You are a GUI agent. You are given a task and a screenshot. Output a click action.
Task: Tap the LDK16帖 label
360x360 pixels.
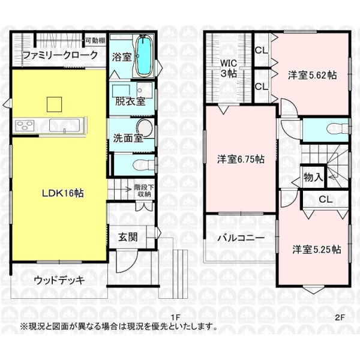tap(62, 193)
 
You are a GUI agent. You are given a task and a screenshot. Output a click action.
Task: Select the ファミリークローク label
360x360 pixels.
tap(61, 55)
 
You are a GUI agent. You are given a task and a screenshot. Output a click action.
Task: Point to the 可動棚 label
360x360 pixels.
tap(95, 41)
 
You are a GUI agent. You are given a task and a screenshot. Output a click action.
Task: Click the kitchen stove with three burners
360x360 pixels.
tap(25, 126)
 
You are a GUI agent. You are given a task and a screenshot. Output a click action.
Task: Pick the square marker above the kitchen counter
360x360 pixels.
tap(55, 104)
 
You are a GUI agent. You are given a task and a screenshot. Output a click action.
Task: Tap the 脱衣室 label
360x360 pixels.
tap(130, 101)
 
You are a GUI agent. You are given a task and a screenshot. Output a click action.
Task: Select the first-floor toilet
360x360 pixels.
tap(144, 164)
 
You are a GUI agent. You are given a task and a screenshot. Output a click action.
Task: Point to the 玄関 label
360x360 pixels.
tap(128, 237)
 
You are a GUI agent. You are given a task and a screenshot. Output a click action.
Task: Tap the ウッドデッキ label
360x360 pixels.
tap(59, 280)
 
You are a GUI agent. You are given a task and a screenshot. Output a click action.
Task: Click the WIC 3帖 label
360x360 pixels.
tap(229, 68)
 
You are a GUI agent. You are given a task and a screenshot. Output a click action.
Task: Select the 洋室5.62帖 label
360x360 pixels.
tap(313, 75)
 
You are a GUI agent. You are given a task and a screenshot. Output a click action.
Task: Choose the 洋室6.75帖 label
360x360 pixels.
tap(241, 159)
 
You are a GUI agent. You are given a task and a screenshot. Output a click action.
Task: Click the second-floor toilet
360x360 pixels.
tap(337, 128)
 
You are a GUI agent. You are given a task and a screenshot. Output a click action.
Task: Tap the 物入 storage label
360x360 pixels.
tap(313, 177)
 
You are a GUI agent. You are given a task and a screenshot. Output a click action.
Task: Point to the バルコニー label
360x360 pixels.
tap(241, 238)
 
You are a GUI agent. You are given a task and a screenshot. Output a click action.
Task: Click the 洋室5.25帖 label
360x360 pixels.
tap(317, 250)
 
